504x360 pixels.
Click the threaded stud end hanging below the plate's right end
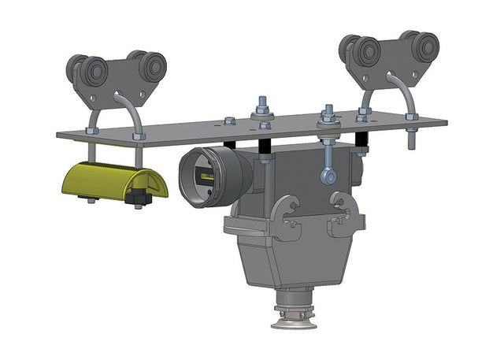(410, 141)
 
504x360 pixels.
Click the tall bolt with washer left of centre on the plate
(263, 111)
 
